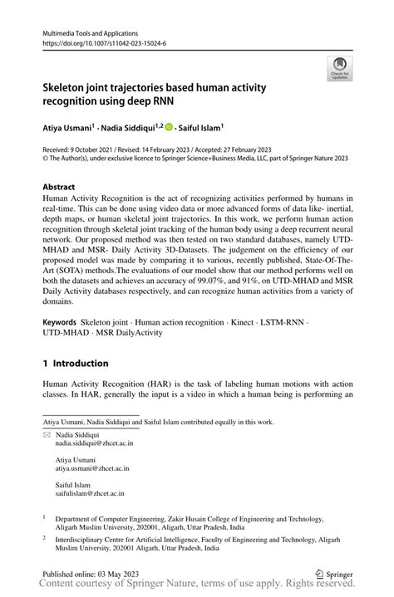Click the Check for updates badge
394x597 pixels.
pos(339,68)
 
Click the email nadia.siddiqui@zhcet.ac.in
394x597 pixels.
pos(94,444)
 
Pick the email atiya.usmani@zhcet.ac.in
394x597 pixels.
pos(90,468)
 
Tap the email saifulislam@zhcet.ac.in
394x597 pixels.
pos(90,492)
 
